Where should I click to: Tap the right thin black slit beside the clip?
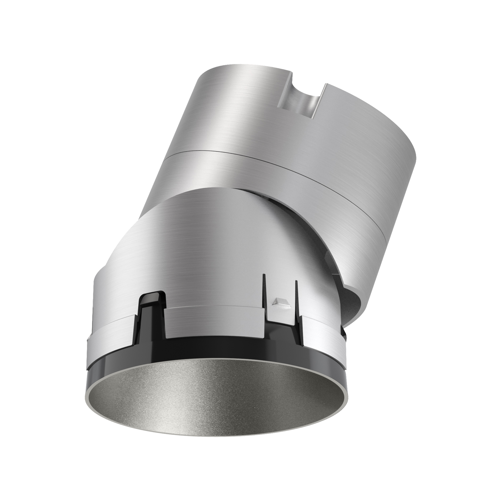(x=296, y=298)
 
